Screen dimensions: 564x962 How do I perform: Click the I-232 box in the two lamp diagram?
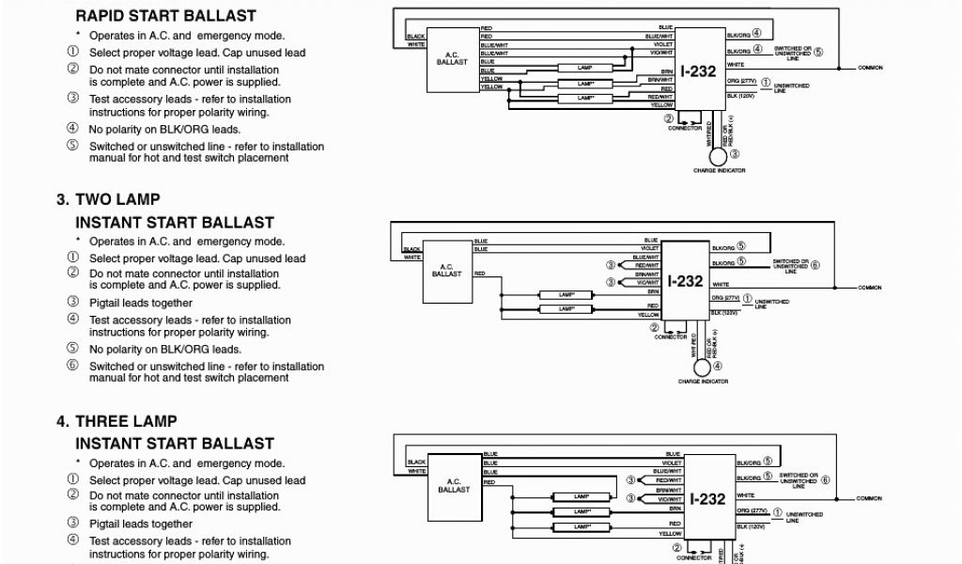(685, 280)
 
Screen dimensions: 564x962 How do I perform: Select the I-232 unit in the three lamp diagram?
(709, 498)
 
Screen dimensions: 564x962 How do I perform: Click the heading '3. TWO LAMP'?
(108, 199)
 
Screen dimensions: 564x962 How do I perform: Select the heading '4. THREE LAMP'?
(116, 421)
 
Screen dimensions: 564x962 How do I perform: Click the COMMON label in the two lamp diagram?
(870, 287)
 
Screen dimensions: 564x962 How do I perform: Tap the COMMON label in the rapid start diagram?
(870, 68)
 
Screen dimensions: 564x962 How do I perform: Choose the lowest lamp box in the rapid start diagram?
(586, 98)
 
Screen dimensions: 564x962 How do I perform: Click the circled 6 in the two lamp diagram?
(815, 265)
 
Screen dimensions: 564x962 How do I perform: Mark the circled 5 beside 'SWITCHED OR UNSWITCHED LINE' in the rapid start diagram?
(817, 52)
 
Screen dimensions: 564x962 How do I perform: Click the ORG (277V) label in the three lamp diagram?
(753, 511)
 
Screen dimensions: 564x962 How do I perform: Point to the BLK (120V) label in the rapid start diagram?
(741, 96)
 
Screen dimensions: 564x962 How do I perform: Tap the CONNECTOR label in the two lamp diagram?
(671, 336)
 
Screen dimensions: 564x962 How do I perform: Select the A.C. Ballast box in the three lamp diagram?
(455, 488)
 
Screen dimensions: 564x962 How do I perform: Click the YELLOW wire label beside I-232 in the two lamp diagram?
(648, 315)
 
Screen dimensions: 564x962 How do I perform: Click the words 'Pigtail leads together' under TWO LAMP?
(141, 303)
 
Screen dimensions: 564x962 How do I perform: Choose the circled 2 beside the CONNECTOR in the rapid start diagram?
(669, 119)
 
